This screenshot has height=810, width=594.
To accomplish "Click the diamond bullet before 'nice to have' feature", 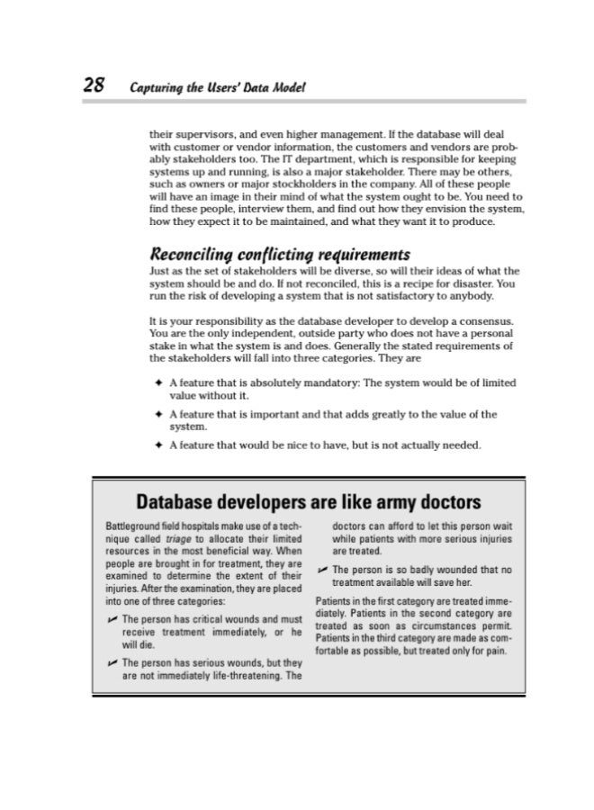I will (x=158, y=444).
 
